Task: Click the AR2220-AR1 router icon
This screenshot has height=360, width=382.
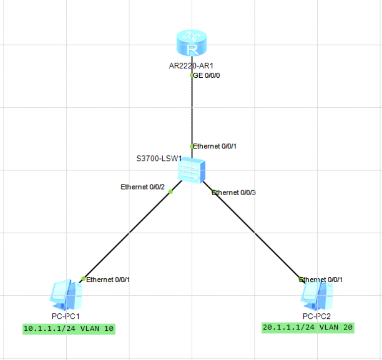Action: tap(191, 44)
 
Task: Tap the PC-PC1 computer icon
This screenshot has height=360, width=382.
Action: tap(66, 295)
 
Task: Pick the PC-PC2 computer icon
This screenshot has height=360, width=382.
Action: tap(317, 295)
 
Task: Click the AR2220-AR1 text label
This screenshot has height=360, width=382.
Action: tap(191, 66)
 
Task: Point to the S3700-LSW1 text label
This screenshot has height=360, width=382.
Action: tap(159, 158)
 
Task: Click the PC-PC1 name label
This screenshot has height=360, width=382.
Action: tap(66, 316)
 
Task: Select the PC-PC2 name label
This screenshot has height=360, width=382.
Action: tap(317, 316)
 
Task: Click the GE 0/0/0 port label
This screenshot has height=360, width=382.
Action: tap(207, 76)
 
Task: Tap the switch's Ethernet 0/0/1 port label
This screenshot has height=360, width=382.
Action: tap(214, 146)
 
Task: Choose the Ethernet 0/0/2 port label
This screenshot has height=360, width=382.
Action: tap(143, 187)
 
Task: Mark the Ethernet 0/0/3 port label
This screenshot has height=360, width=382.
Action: tap(234, 193)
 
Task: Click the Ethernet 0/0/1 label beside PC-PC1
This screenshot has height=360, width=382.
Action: tap(108, 279)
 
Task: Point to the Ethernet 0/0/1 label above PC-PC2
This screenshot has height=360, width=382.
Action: tap(321, 279)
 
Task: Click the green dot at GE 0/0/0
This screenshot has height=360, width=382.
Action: tap(191, 75)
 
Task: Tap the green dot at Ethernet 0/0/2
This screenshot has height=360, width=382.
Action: tap(171, 192)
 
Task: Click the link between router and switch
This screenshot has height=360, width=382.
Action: tap(191, 110)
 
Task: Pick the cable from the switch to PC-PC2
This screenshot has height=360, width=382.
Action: tap(256, 235)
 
